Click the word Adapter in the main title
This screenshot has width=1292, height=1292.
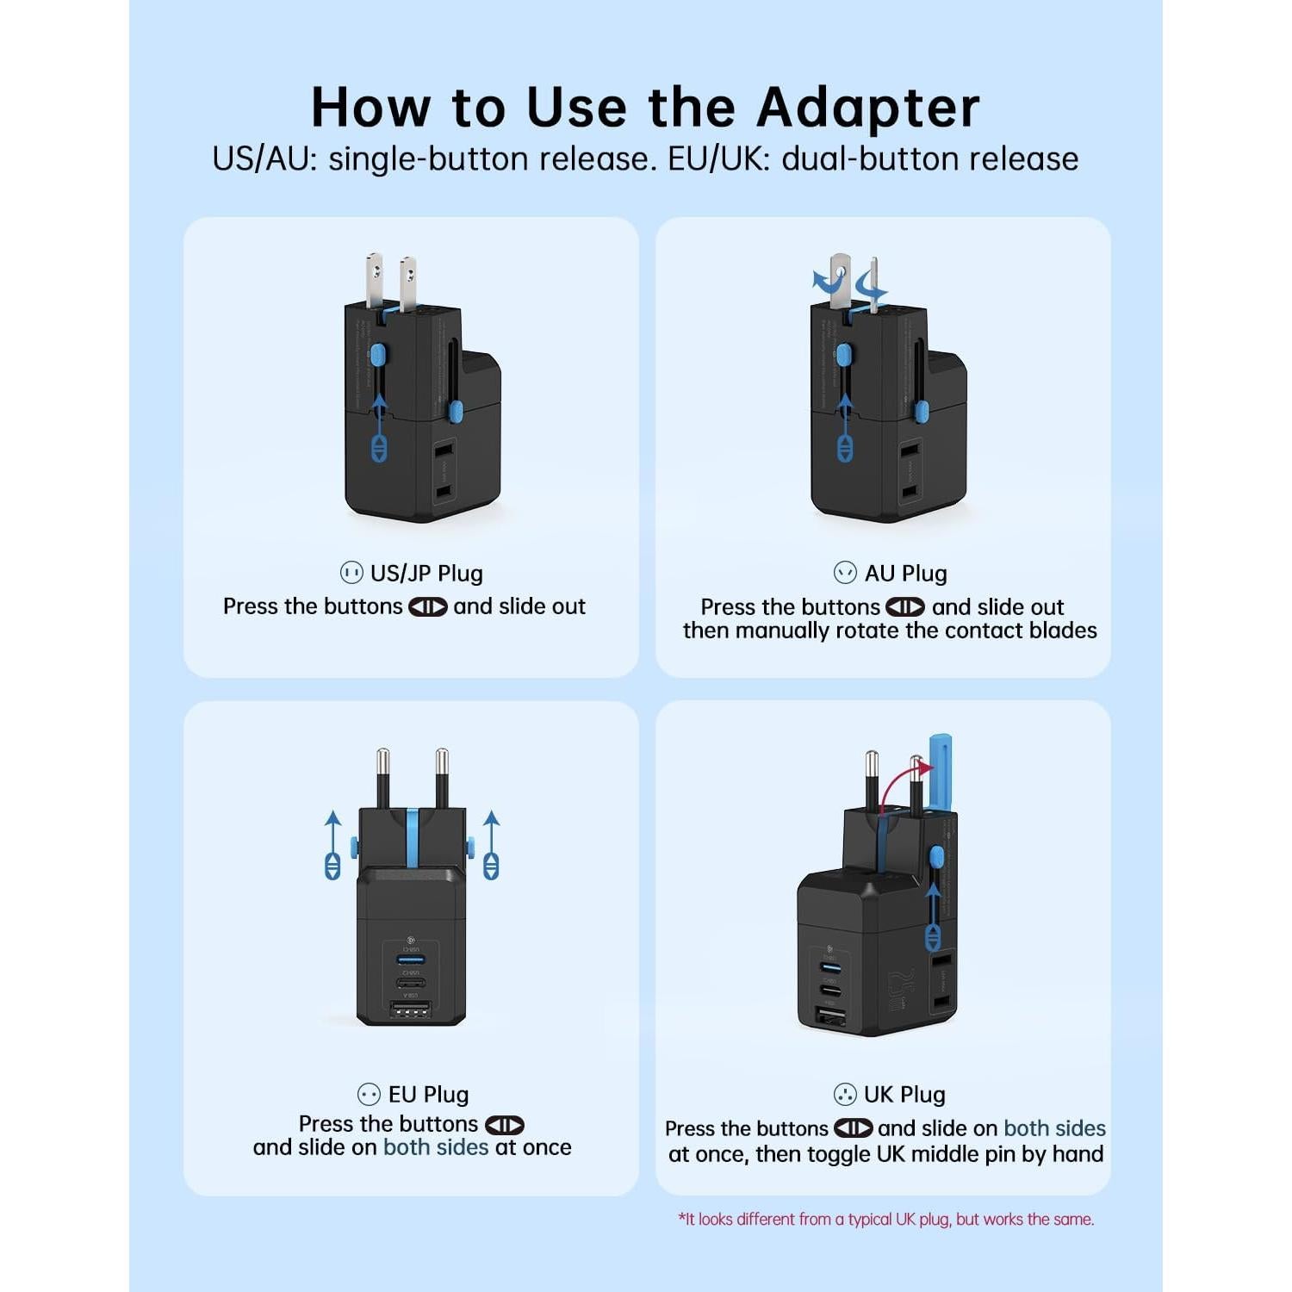tap(867, 108)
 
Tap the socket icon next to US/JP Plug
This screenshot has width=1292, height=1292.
tap(351, 573)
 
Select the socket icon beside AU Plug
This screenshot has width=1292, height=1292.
tap(845, 573)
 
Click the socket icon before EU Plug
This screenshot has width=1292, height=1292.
tap(369, 1094)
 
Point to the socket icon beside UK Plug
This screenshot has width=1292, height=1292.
tap(845, 1094)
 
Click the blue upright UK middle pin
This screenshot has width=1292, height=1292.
tap(940, 771)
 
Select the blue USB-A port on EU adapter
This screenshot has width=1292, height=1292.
tap(411, 960)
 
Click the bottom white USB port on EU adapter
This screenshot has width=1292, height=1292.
tap(411, 1009)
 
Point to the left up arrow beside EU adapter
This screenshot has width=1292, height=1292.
tap(332, 844)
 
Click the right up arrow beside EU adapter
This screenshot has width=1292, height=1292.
tap(491, 844)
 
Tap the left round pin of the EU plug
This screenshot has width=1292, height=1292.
tap(382, 775)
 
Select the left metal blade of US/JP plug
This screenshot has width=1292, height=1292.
tap(374, 280)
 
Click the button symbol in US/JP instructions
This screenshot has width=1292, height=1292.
tap(427, 606)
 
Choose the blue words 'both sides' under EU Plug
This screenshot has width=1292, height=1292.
tap(436, 1147)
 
